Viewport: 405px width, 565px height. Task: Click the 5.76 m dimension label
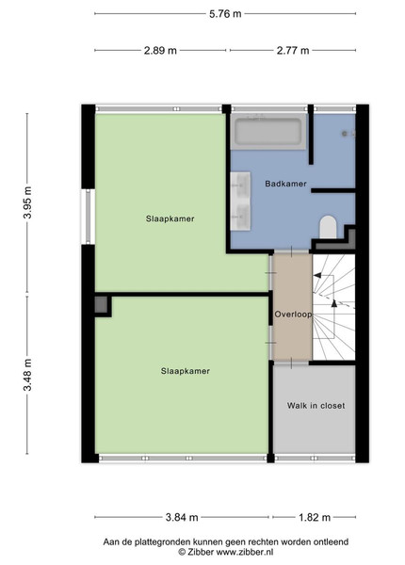pos(225,14)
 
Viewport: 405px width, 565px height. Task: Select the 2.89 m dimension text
pos(160,51)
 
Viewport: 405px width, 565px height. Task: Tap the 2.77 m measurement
pos(293,51)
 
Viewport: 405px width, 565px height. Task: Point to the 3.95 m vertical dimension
pos(27,202)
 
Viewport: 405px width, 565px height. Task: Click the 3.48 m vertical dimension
pos(27,375)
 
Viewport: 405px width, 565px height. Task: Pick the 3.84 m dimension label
pos(182,517)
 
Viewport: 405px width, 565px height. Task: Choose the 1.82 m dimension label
pos(315,517)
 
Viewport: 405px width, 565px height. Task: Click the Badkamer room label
pos(285,184)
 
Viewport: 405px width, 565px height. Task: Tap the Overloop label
pos(293,315)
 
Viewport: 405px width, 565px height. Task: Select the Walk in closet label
pos(316,406)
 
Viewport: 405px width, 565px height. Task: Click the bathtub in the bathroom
pos(268,132)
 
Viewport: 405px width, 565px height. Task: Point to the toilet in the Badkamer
pos(328,227)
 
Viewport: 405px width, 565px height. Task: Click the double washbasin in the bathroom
pos(241,202)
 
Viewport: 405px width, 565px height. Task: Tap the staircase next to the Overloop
pos(333,307)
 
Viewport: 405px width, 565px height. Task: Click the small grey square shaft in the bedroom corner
pos(102,305)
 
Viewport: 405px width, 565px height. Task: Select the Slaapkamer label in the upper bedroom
pos(170,218)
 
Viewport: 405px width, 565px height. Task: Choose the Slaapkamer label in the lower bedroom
pos(186,371)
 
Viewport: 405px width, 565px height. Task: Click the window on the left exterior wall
pos(88,217)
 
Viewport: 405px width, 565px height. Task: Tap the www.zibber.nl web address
pos(245,552)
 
